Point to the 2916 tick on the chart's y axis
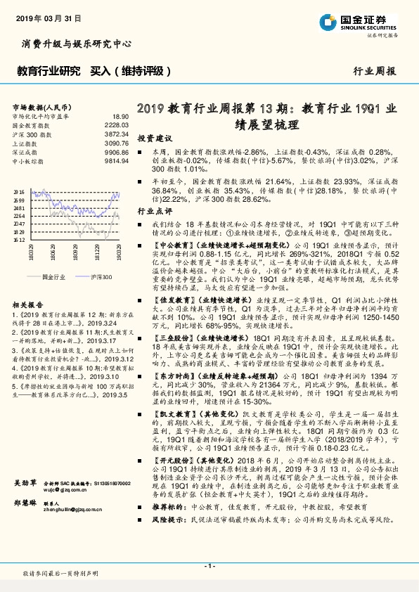(x=20, y=191)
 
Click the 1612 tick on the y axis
(x=20, y=239)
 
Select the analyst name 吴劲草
(x=25, y=523)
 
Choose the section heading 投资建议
(x=153, y=139)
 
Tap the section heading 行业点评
(x=153, y=210)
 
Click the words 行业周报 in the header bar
(x=374, y=71)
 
